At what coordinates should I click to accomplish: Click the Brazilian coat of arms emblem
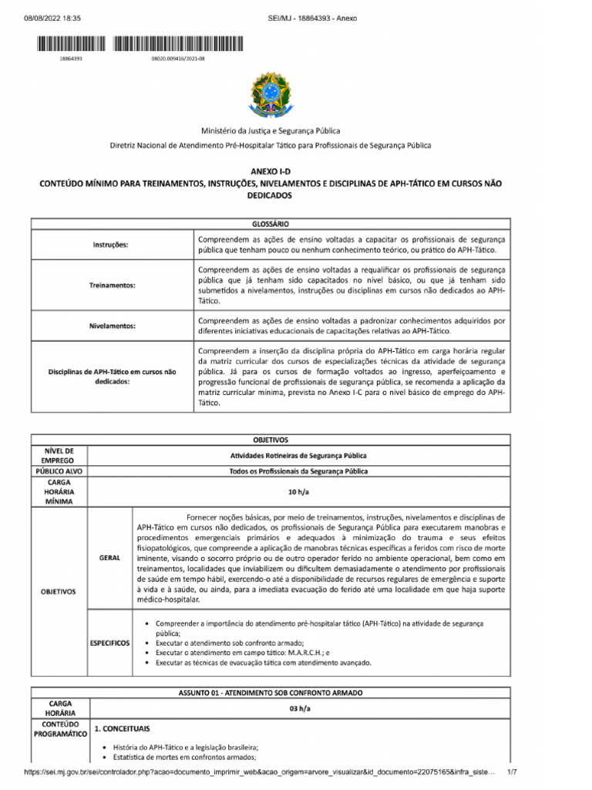pos(270,97)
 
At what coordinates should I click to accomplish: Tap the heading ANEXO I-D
pos(270,170)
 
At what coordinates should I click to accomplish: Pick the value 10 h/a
pos(298,491)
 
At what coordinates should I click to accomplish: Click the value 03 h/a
pos(298,708)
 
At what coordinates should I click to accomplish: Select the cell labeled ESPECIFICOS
pos(109,642)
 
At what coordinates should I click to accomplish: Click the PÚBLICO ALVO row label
pos(60,471)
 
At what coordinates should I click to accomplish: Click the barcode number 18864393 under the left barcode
pos(71,58)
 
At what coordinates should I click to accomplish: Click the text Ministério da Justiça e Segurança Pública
pos(270,131)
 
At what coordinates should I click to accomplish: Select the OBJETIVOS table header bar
pos(270,440)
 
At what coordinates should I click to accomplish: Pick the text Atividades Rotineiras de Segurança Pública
pos(298,455)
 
